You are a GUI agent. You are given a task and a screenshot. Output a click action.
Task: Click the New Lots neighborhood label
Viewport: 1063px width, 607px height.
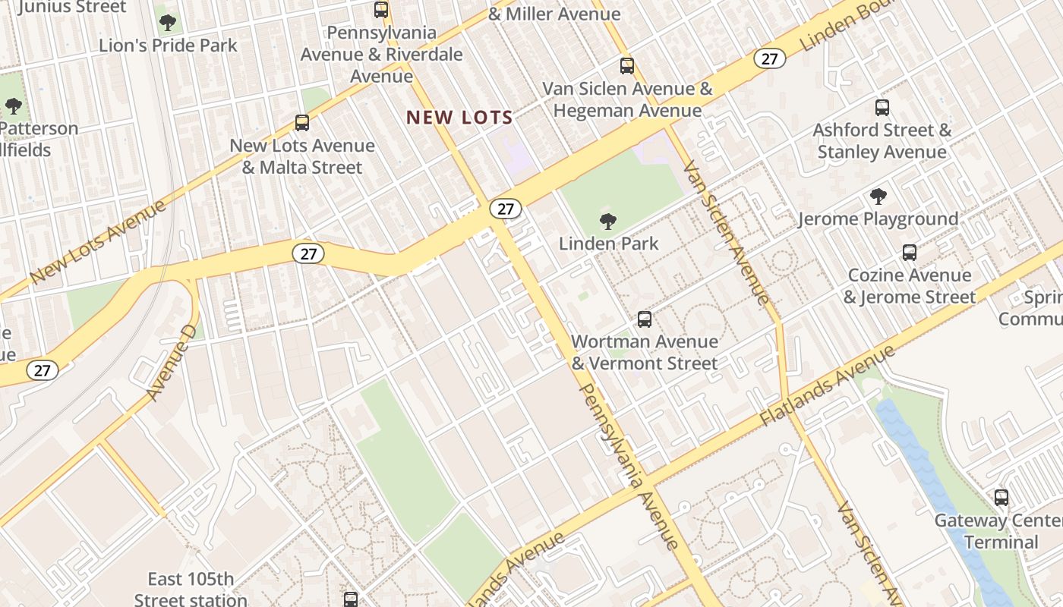point(459,118)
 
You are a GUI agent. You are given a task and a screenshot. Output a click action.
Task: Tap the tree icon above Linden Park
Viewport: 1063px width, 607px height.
point(607,222)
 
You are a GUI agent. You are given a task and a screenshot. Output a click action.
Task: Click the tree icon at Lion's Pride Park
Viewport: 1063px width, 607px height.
point(168,23)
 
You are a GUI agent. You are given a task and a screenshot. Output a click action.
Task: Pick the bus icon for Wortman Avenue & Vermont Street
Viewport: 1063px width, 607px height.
point(645,319)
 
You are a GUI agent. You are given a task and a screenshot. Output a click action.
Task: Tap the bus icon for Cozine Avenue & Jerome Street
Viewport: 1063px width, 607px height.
point(909,253)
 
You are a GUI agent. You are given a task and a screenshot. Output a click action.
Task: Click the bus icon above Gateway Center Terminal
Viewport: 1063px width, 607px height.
point(1001,498)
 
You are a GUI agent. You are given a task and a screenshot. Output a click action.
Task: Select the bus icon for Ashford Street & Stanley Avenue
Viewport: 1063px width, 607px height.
point(882,108)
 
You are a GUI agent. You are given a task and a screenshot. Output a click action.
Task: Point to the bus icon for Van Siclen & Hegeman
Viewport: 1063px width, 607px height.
point(626,66)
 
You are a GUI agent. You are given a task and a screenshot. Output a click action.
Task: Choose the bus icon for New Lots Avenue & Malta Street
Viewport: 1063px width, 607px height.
point(302,123)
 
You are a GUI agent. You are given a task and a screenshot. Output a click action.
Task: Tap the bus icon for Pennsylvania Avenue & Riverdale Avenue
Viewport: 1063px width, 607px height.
point(381,11)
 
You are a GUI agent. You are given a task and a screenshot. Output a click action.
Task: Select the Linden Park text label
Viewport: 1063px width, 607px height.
point(608,244)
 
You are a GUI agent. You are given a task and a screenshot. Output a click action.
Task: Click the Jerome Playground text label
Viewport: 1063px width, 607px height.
point(878,219)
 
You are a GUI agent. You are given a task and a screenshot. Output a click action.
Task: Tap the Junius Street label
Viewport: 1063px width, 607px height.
point(72,8)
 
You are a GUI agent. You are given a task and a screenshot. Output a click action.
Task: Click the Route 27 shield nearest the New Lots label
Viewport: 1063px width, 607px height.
point(505,209)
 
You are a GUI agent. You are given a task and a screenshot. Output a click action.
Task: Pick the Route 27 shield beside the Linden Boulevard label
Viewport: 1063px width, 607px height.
point(769,58)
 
